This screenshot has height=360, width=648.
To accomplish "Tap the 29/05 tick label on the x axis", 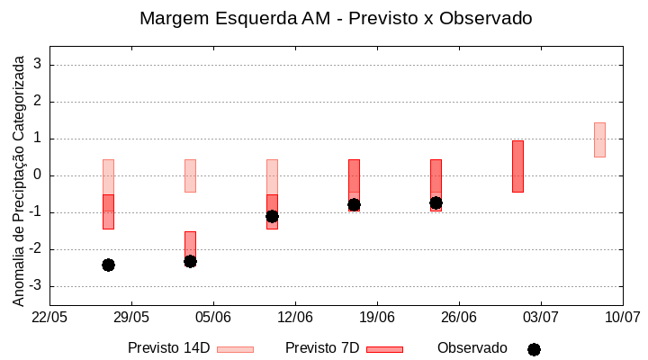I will coord(131,317).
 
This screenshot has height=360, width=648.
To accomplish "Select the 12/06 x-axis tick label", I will coord(295,317).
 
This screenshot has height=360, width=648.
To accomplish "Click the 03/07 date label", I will coord(540,317).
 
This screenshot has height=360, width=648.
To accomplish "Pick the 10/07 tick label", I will coord(622,317).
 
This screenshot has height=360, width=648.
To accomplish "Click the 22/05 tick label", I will coord(49,317).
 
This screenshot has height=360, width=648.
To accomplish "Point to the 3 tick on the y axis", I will coord(39,65).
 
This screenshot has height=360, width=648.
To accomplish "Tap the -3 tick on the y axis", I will coord(36,286).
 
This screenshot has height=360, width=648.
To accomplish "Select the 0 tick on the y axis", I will coord(39,175).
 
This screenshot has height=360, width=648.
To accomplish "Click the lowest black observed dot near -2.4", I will coord(108,265).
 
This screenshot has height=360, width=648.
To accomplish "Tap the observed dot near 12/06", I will coord(272,216).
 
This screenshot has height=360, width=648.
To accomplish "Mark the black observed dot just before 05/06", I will coord(190,261).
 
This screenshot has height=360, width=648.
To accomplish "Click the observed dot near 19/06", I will coord(354,204).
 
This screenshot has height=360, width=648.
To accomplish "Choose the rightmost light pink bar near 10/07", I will coord(599,139).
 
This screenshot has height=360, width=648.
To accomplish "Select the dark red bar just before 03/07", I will coord(517,166).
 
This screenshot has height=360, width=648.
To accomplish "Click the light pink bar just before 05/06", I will coord(190,175).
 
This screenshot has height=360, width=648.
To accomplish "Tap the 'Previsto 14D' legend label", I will coord(168,348).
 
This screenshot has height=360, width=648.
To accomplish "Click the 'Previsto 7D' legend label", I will coord(322,348).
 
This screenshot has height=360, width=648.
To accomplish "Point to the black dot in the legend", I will coord(534,349).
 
